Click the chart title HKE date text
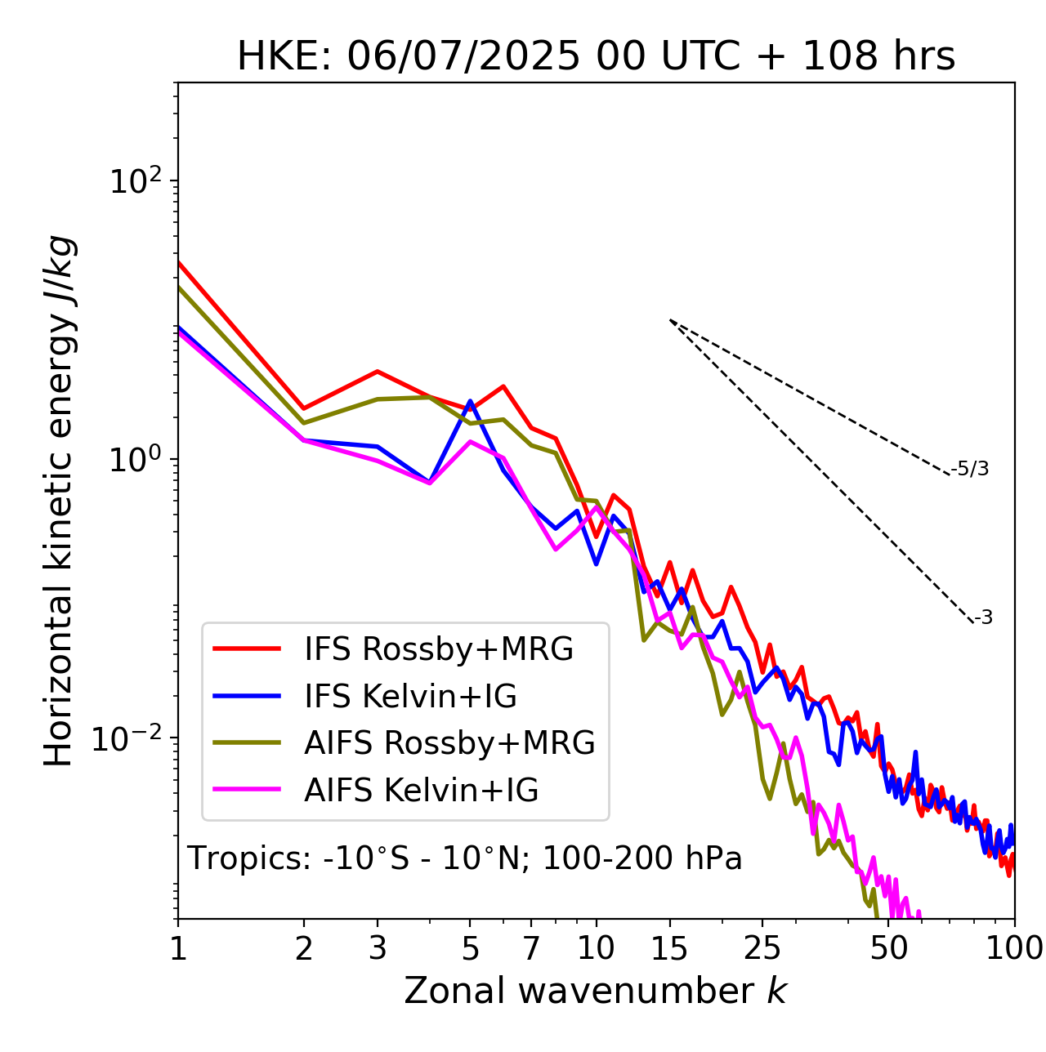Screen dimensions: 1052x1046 pyautogui.click(x=596, y=57)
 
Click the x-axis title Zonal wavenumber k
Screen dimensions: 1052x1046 pyautogui.click(x=595, y=990)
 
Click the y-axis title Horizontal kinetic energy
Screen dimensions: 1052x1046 pyautogui.click(x=59, y=501)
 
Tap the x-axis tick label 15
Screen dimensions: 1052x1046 pyautogui.click(x=669, y=948)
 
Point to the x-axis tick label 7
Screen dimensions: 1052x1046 pyautogui.click(x=531, y=948)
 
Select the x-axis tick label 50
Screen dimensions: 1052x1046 pyautogui.click(x=888, y=948)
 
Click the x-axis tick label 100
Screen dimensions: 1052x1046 pyautogui.click(x=1014, y=948)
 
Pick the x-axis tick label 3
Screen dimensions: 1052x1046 pyautogui.click(x=378, y=948)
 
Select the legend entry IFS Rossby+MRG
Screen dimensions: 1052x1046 pyautogui.click(x=438, y=649)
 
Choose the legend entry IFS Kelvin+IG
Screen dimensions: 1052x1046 pyautogui.click(x=410, y=697)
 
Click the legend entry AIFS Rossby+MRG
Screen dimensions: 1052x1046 pyautogui.click(x=449, y=743)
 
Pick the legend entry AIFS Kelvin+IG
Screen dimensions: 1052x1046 pyautogui.click(x=421, y=791)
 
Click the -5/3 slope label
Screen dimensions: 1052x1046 pyautogui.click(x=970, y=469)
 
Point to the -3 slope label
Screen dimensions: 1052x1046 pyautogui.click(x=983, y=618)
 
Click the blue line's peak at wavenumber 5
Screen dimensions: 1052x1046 pyautogui.click(x=470, y=402)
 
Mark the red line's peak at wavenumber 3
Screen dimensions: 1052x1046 pyautogui.click(x=378, y=371)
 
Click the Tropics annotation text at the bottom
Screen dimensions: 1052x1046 pyautogui.click(x=464, y=858)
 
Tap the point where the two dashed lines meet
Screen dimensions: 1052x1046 pyautogui.click(x=670, y=320)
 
